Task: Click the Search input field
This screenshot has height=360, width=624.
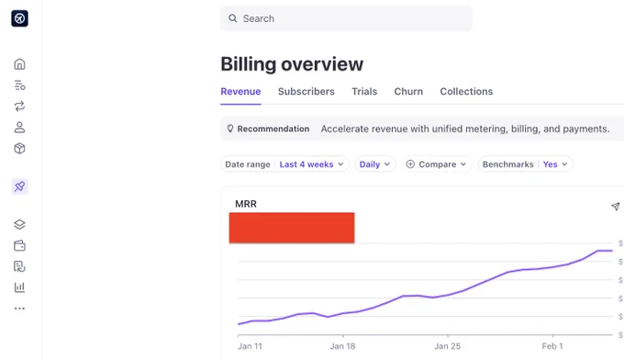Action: pos(346,18)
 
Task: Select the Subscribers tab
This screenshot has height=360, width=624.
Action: pos(306,91)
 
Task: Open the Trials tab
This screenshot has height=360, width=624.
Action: pos(364,91)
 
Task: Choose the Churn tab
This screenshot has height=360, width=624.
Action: pos(408,91)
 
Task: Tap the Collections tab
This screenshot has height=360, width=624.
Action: pos(466,91)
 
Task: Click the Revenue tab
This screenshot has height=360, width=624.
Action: pos(240,91)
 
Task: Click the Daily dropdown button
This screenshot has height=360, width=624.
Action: pos(375,164)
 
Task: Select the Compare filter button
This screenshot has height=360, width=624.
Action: pos(436,164)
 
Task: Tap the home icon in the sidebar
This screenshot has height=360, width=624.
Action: pos(19,64)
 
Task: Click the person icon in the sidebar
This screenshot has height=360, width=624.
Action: pos(19,128)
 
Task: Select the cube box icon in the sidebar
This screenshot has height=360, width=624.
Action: pos(19,149)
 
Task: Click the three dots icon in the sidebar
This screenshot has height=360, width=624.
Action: pos(19,309)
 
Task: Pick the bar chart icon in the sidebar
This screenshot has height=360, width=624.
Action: pos(19,287)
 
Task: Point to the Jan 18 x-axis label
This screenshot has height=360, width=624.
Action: pos(342,346)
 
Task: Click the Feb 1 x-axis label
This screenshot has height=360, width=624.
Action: pos(552,346)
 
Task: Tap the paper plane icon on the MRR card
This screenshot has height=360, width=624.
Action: pos(615,207)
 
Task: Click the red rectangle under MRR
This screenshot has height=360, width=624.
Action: pos(292,228)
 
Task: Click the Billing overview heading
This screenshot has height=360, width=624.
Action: pos(292,64)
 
